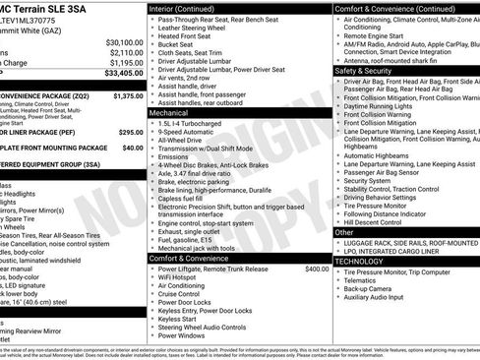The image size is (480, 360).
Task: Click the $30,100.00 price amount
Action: [124, 42]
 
